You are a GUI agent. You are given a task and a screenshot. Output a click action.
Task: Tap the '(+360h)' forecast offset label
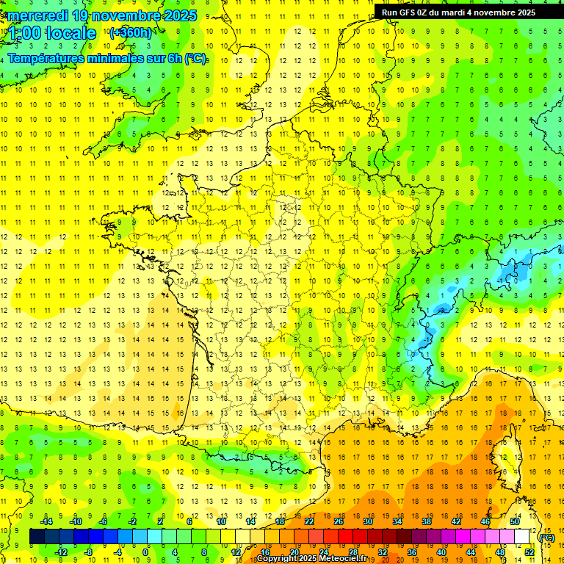[x=131, y=32]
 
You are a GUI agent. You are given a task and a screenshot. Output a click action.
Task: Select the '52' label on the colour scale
[x=529, y=552]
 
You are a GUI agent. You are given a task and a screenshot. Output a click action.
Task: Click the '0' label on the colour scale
[x=145, y=552]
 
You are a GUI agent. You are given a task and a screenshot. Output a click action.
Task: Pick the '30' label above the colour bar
[x=367, y=521]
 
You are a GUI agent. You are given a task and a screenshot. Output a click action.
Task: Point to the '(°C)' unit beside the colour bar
[x=546, y=538]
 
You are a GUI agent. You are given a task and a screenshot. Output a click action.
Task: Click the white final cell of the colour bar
[x=522, y=537]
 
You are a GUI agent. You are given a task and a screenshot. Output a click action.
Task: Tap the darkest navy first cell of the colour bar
[x=37, y=537]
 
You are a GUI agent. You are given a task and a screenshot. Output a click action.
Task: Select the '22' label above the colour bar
[x=309, y=521]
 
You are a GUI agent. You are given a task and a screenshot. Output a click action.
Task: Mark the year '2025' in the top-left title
[x=175, y=15]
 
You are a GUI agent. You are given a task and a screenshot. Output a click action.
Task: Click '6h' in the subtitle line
[x=173, y=59]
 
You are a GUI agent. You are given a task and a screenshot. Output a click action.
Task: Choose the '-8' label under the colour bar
[x=87, y=552]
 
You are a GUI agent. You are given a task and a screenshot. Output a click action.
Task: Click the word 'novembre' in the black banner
[x=499, y=12]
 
